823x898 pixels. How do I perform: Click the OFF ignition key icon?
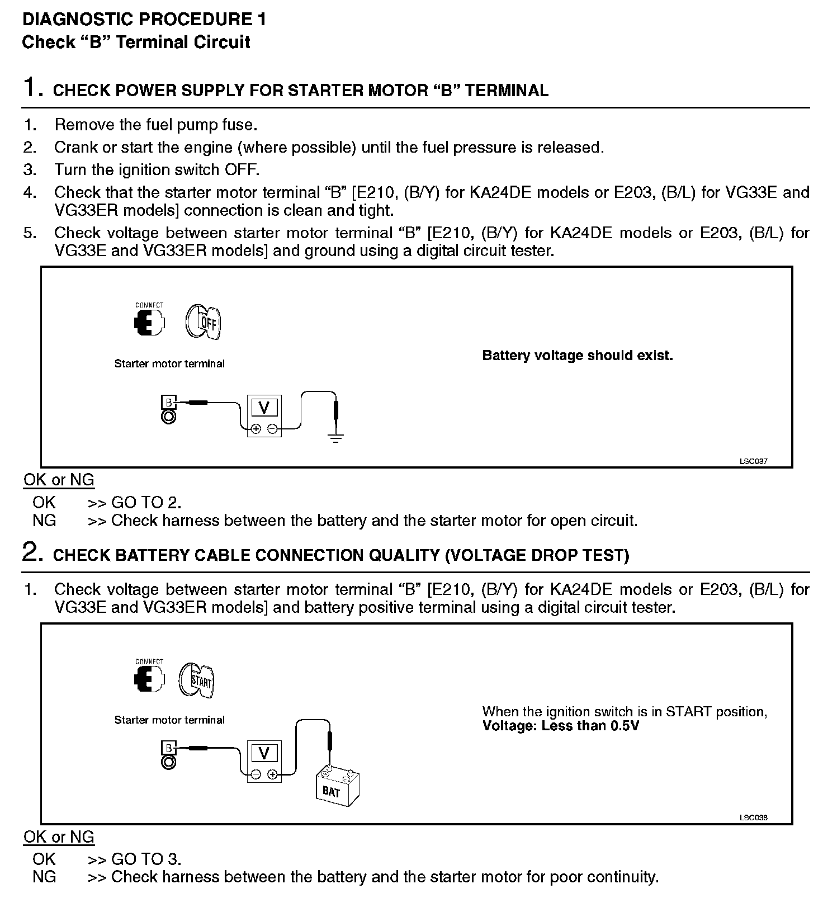[203, 322]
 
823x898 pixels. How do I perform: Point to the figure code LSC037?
[753, 461]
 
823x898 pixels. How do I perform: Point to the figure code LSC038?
[753, 817]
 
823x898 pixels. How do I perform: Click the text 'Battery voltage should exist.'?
[577, 356]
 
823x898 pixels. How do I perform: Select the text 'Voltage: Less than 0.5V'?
[560, 726]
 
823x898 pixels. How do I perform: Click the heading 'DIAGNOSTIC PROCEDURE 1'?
[144, 20]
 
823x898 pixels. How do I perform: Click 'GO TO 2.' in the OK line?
[146, 502]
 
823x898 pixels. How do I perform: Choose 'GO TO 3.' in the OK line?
[146, 859]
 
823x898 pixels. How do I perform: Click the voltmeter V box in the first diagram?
[264, 408]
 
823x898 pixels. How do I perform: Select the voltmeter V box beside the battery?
[264, 753]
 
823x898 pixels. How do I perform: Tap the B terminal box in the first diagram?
[168, 402]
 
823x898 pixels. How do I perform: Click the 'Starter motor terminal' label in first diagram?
[169, 363]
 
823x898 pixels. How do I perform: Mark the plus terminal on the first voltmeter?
[256, 429]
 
